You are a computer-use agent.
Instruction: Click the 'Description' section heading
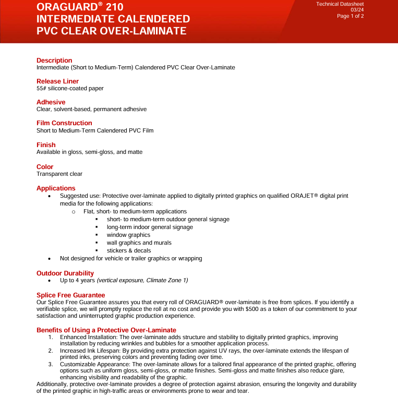click(54, 61)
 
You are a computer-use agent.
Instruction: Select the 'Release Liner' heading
click(57, 81)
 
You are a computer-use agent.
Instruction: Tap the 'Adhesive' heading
click(51, 102)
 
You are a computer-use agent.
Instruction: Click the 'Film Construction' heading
click(64, 124)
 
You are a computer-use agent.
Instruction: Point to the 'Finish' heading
click(46, 145)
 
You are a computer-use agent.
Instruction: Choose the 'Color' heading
click(45, 167)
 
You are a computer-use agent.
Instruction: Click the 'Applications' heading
click(56, 188)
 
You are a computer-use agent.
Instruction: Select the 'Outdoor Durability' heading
click(65, 273)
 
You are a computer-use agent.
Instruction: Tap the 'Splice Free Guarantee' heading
click(70, 295)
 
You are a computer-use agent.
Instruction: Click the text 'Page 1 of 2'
click(350, 16)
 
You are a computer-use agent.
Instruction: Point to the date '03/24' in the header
click(357, 10)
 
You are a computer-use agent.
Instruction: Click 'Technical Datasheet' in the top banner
click(340, 4)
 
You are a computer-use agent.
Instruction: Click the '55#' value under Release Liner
click(42, 89)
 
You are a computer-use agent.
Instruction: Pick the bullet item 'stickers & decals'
click(129, 250)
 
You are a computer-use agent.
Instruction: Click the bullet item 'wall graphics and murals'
click(139, 243)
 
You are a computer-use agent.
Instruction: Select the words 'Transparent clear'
click(59, 174)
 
